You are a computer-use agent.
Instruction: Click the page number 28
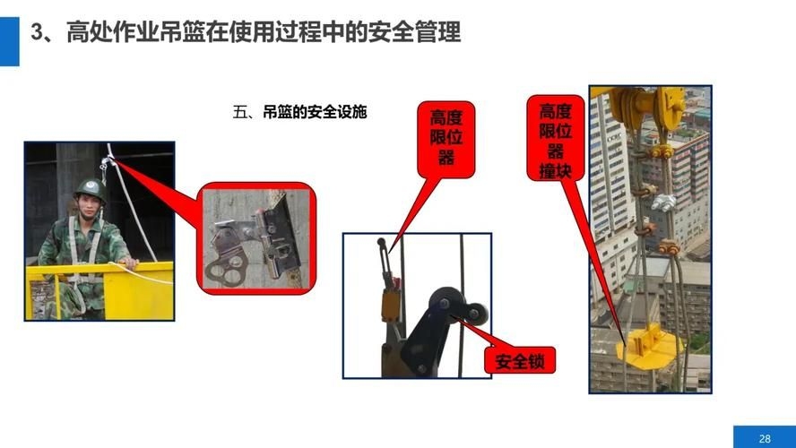pos(765,437)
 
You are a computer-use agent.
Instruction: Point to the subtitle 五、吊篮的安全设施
pos(300,114)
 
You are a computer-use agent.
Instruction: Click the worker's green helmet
pos(89,188)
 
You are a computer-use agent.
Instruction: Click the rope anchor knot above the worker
pos(108,162)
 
